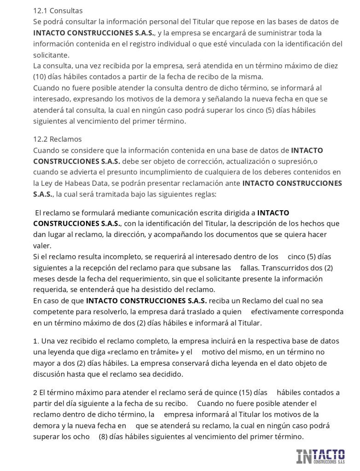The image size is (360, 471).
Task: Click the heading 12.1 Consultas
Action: tap(58, 11)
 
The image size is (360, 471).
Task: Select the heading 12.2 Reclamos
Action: tap(57, 139)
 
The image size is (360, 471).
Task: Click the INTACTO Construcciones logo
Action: tap(320, 456)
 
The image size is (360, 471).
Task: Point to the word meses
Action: tap(44, 279)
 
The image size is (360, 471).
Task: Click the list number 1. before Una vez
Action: tap(36, 341)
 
